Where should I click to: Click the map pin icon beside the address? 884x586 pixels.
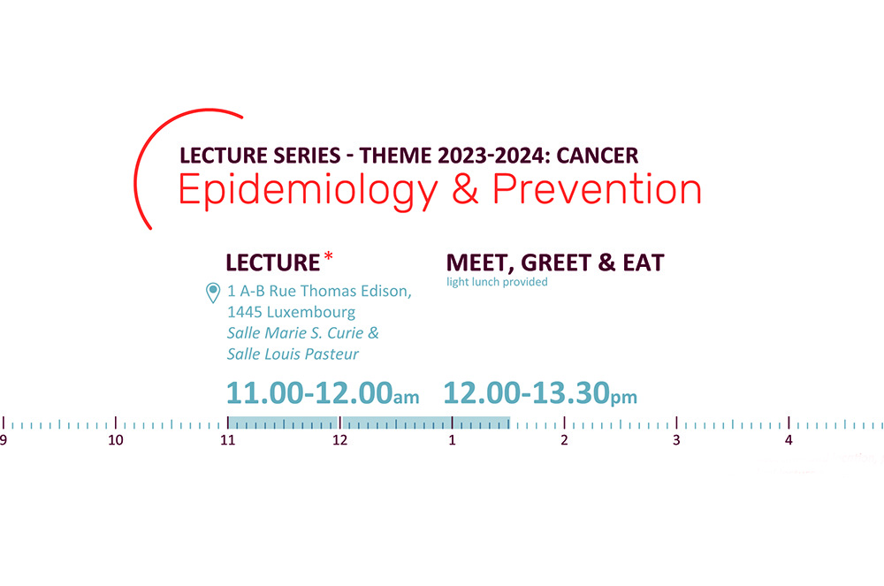click(x=212, y=293)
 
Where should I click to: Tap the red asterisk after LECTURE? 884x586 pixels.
click(x=329, y=257)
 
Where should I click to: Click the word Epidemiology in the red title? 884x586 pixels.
click(x=308, y=190)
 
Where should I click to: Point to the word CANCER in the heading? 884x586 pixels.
click(x=597, y=156)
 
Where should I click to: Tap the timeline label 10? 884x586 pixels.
click(x=116, y=440)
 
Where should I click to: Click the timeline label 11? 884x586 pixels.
click(x=228, y=440)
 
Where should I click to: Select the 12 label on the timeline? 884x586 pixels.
click(x=340, y=440)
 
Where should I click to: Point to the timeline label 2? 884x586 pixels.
click(x=564, y=440)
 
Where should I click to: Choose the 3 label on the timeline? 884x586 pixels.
click(x=676, y=440)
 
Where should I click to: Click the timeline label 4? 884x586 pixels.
click(x=789, y=440)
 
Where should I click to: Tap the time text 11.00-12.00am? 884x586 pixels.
click(x=323, y=392)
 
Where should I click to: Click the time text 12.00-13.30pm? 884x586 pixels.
click(x=540, y=392)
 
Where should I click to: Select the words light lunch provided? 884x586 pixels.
click(x=497, y=282)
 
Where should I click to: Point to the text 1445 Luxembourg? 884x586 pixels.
click(x=291, y=312)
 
